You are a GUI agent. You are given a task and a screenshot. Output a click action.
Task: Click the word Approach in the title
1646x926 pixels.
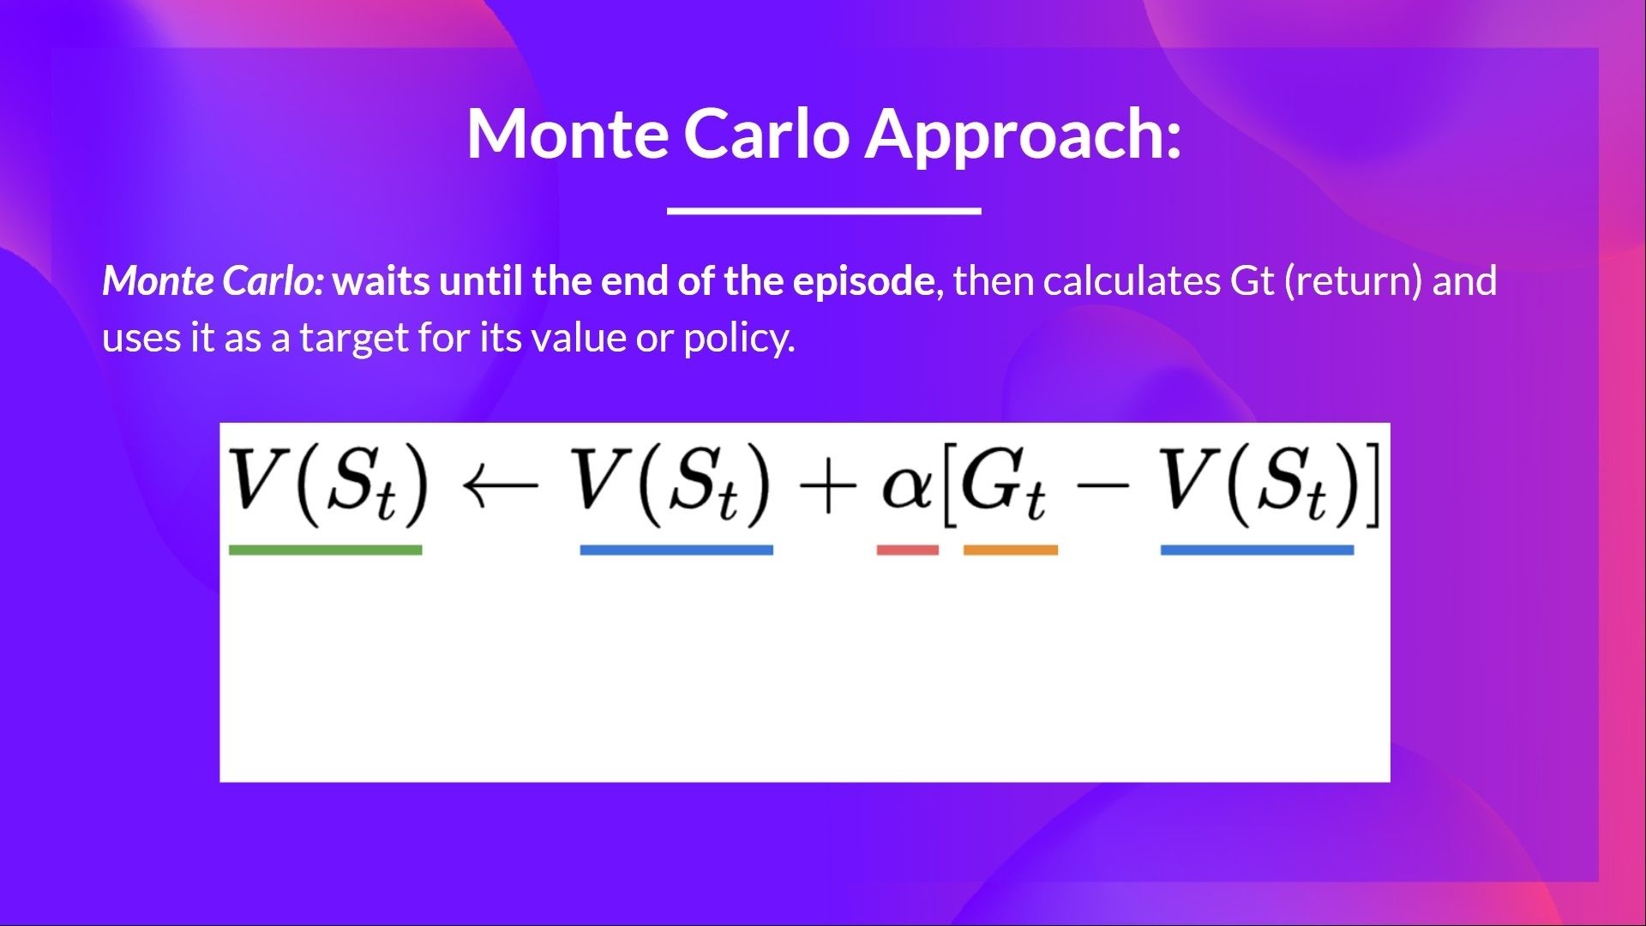point(1023,134)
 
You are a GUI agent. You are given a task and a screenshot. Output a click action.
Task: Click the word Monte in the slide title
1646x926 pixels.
point(568,134)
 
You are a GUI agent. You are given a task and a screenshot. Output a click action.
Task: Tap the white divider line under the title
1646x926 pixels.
point(824,210)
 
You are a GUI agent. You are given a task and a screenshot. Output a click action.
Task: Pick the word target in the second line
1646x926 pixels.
point(355,338)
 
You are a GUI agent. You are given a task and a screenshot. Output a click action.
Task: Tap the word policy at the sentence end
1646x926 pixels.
point(738,338)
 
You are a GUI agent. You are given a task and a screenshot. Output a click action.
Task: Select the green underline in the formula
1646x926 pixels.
point(325,550)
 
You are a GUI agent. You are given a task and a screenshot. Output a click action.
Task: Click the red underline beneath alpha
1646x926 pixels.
point(907,550)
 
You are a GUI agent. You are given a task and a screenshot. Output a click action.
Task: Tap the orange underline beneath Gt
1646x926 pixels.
point(1010,550)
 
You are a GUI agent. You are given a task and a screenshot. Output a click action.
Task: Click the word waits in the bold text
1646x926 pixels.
point(381,281)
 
